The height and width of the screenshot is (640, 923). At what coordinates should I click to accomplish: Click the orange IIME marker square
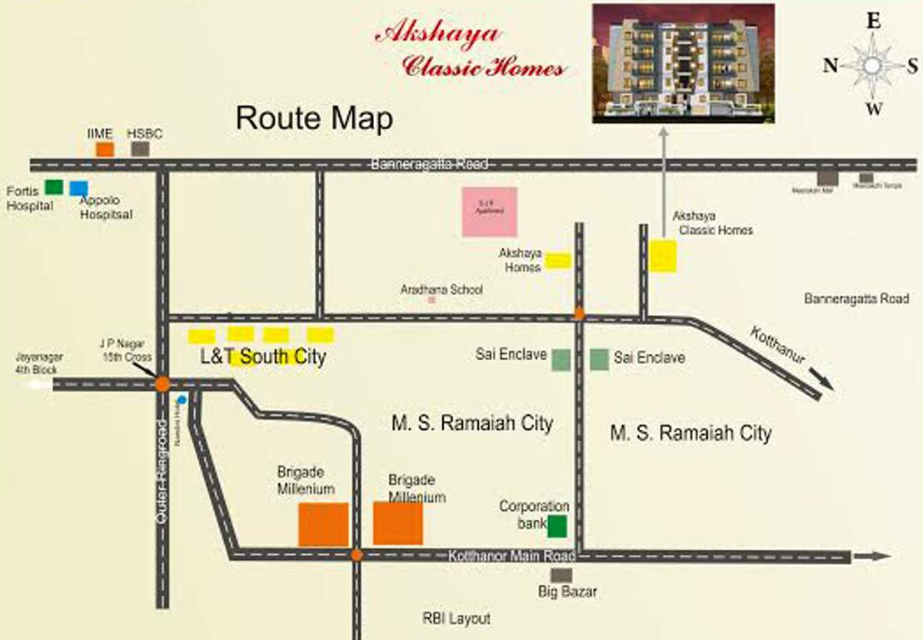point(105,149)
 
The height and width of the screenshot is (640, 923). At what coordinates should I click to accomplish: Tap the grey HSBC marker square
point(141,149)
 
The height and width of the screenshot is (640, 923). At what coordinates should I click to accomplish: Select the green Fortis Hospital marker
point(54,187)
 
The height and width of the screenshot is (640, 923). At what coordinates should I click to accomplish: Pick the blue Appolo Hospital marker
point(78,189)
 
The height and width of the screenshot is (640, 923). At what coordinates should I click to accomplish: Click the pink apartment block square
point(490,211)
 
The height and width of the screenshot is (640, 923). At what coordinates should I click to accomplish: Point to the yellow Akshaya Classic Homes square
point(663,256)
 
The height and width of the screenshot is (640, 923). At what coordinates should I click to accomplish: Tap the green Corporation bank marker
point(557,526)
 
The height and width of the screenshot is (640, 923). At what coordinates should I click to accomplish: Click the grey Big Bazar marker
point(561,575)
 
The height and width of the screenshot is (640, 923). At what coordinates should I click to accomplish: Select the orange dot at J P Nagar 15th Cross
point(162,384)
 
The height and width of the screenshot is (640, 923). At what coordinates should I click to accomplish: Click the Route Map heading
point(314,118)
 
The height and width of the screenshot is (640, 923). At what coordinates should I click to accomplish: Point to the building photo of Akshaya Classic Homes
point(683,63)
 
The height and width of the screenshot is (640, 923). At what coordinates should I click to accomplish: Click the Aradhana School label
point(442,290)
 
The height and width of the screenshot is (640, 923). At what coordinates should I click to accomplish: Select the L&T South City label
point(263,357)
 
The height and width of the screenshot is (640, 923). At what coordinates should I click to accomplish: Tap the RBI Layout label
point(456,618)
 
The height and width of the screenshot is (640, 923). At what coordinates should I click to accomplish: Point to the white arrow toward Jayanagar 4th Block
point(37,385)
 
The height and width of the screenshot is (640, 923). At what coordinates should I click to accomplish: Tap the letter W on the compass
point(873,108)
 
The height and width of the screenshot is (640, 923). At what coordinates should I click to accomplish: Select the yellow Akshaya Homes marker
point(558,261)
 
